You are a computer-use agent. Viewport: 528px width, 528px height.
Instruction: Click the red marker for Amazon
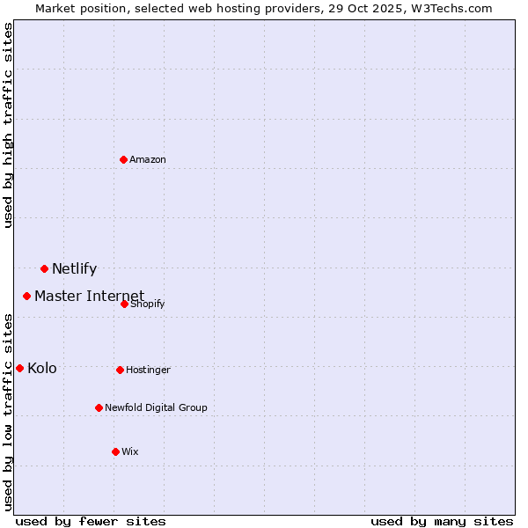coord(124,159)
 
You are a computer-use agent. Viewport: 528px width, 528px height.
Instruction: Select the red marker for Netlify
coord(44,268)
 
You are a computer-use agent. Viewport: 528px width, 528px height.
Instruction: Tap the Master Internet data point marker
coord(27,296)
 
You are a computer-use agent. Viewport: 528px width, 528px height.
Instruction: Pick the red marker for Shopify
coord(125,304)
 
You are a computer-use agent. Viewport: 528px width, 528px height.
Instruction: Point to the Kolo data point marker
coord(20,368)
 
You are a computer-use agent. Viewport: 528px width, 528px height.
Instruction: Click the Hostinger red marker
coord(121,370)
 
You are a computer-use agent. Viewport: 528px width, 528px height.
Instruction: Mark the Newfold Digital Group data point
coord(99,407)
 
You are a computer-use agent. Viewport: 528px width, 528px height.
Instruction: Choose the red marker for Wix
coord(115,451)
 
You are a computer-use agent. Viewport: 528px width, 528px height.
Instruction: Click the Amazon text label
coord(148,159)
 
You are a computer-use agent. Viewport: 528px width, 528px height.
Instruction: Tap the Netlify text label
coord(74,269)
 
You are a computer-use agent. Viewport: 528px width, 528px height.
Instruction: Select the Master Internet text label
coord(89,296)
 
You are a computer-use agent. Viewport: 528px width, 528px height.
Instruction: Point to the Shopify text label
coord(148,304)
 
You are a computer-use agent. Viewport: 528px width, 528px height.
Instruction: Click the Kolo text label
coord(42,368)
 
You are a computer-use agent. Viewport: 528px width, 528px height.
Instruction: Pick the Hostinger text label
coord(148,370)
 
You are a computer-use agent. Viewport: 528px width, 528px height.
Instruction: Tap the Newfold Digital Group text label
coord(156,407)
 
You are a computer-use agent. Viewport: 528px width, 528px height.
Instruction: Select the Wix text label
coord(130,451)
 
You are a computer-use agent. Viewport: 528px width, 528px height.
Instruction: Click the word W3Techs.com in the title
coord(449,9)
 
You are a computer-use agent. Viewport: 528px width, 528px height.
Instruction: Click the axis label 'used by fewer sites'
coord(91,521)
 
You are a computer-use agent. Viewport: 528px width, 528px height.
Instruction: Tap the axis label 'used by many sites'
coord(442,521)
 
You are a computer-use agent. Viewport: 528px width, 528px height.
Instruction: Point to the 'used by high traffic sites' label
coord(9,125)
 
